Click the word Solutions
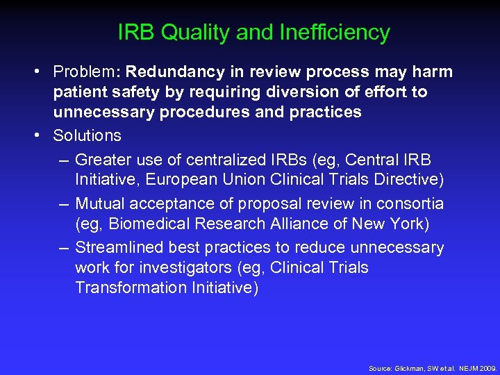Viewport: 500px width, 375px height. [87, 135]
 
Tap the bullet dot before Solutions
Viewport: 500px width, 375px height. [43, 135]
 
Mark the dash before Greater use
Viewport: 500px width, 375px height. [63, 160]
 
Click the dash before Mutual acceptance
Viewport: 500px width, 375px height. [63, 203]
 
